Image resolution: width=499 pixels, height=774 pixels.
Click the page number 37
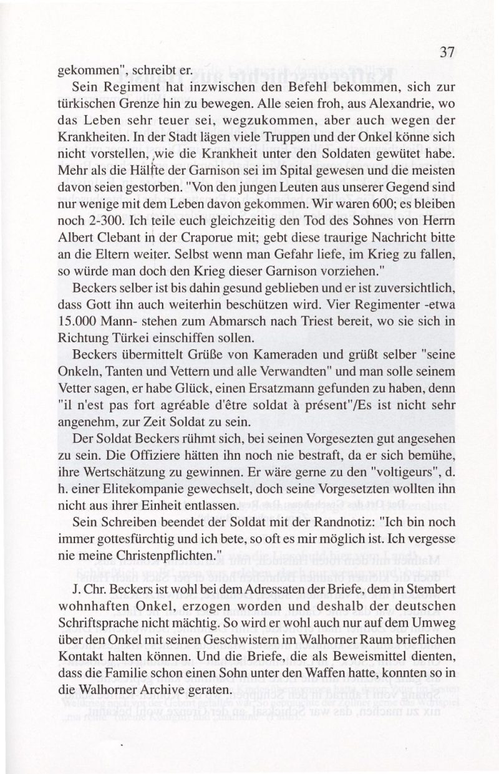coord(445,52)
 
